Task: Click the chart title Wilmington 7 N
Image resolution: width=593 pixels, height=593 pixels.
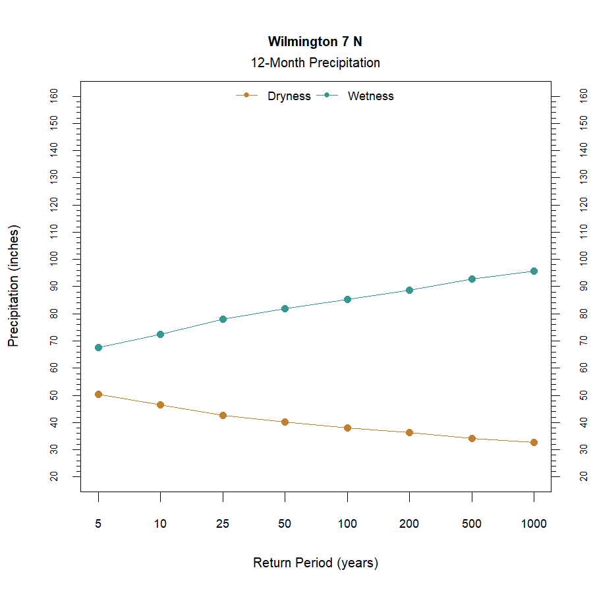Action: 315,42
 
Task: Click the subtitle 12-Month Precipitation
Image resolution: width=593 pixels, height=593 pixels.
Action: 315,63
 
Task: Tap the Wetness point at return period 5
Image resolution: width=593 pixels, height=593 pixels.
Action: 98,347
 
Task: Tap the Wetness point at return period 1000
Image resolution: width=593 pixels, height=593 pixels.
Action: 534,271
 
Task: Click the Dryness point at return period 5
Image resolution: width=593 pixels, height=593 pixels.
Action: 98,394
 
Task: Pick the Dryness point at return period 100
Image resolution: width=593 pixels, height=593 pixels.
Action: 347,428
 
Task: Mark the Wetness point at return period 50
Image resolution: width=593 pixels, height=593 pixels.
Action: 285,308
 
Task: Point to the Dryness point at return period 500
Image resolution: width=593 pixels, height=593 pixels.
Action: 472,438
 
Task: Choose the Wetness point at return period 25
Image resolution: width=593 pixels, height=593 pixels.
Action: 223,319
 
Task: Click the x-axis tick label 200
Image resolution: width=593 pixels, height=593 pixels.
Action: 409,524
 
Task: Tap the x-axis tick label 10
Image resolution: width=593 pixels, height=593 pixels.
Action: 160,524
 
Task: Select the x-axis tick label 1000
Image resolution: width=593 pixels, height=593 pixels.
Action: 534,524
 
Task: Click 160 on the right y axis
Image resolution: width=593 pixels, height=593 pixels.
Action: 583,96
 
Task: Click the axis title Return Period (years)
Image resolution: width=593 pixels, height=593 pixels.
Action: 315,563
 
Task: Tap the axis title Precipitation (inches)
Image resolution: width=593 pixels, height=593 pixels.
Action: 14,286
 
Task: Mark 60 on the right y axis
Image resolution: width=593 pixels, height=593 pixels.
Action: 583,368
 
